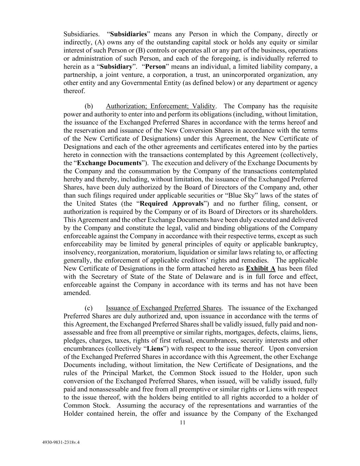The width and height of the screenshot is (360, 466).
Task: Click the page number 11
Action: point(182,423)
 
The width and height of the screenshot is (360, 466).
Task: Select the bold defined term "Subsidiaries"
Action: point(128,34)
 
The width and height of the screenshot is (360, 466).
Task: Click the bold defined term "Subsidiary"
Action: point(116,67)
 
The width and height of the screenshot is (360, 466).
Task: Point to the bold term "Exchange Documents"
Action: point(109,163)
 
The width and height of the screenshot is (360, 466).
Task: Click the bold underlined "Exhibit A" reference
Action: point(260,269)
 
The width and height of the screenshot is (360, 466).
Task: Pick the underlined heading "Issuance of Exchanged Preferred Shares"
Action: point(164,308)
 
